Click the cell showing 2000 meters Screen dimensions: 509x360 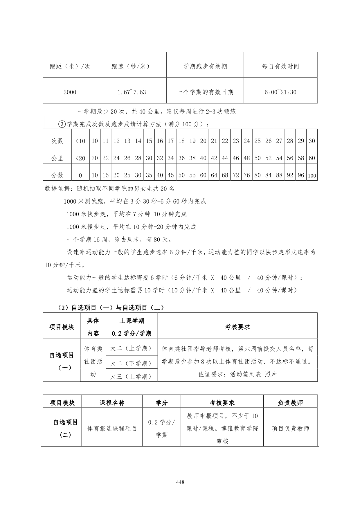coord(70,92)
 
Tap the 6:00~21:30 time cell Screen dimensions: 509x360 coord(280,92)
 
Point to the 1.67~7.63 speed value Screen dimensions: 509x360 coord(132,92)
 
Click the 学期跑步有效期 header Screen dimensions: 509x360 coord(205,66)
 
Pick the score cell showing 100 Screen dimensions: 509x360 coord(312,176)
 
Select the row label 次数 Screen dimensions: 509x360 coord(57,141)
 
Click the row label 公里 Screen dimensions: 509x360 coord(57,158)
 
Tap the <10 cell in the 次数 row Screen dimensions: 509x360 coord(80,141)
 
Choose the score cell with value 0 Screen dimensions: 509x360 coord(80,175)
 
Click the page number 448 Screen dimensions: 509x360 coord(180,482)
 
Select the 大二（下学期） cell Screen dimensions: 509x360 coord(132,363)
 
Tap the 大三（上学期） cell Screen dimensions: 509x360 coord(132,377)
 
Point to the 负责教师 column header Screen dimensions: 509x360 coord(290,403)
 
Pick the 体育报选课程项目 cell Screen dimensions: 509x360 coord(112,428)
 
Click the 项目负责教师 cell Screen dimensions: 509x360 coord(290,428)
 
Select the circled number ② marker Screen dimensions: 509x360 coord(62,124)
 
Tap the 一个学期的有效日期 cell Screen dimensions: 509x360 coord(205,92)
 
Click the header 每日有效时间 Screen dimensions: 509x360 coord(280,66)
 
